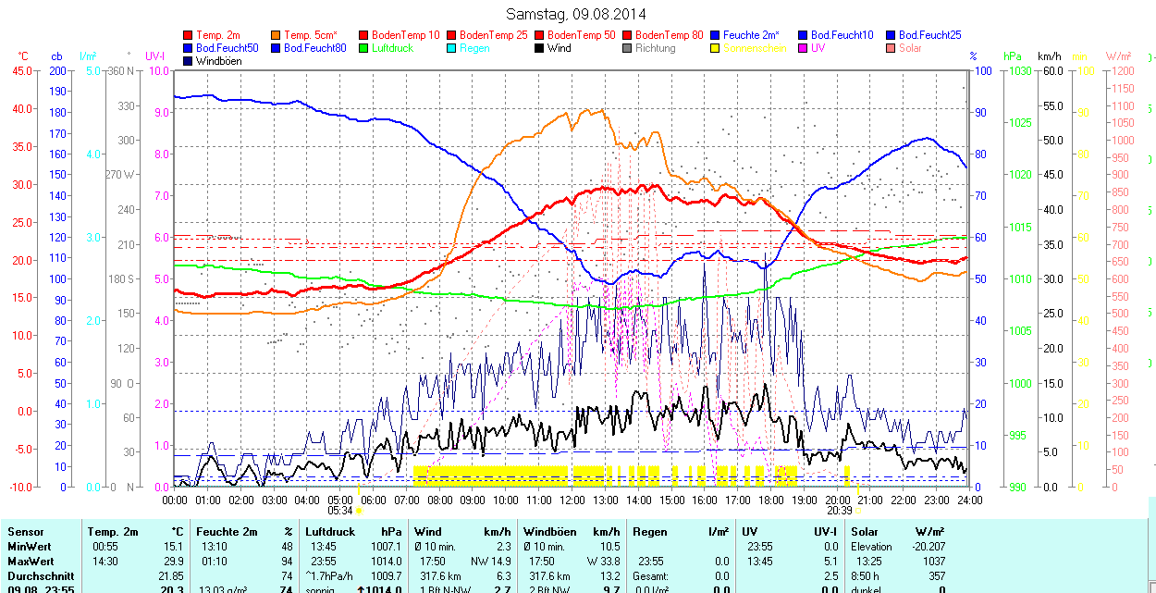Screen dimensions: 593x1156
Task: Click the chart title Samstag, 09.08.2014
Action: pyautogui.click(x=576, y=14)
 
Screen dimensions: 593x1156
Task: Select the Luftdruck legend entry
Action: pyautogui.click(x=392, y=48)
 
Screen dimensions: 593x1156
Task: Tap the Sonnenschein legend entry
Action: pyautogui.click(x=755, y=48)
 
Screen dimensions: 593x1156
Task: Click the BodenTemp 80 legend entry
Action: pyautogui.click(x=671, y=35)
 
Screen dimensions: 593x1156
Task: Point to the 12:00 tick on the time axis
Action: pyautogui.click(x=572, y=500)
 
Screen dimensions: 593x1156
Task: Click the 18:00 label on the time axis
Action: pyautogui.click(x=771, y=500)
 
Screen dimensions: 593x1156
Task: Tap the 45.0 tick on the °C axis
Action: pyautogui.click(x=19, y=70)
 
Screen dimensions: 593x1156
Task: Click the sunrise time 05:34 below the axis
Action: pyautogui.click(x=339, y=511)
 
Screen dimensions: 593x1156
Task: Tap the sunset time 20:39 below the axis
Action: pyautogui.click(x=839, y=511)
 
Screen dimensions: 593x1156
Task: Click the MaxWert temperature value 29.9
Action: pyautogui.click(x=174, y=562)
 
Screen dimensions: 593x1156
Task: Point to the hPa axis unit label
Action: pyautogui.click(x=1011, y=56)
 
